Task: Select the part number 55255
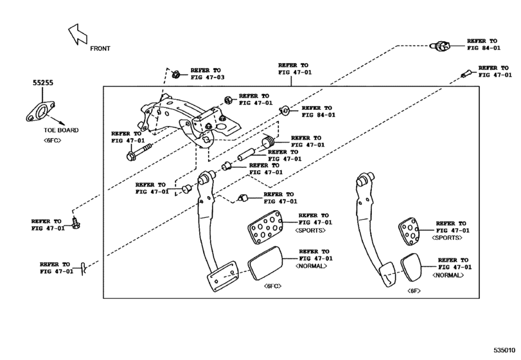44,84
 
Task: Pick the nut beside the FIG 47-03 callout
176,73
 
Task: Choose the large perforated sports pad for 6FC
263,228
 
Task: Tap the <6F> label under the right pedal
414,291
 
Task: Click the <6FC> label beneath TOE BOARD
53,140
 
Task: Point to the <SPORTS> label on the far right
447,238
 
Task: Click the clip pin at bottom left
84,266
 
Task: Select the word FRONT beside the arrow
100,48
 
